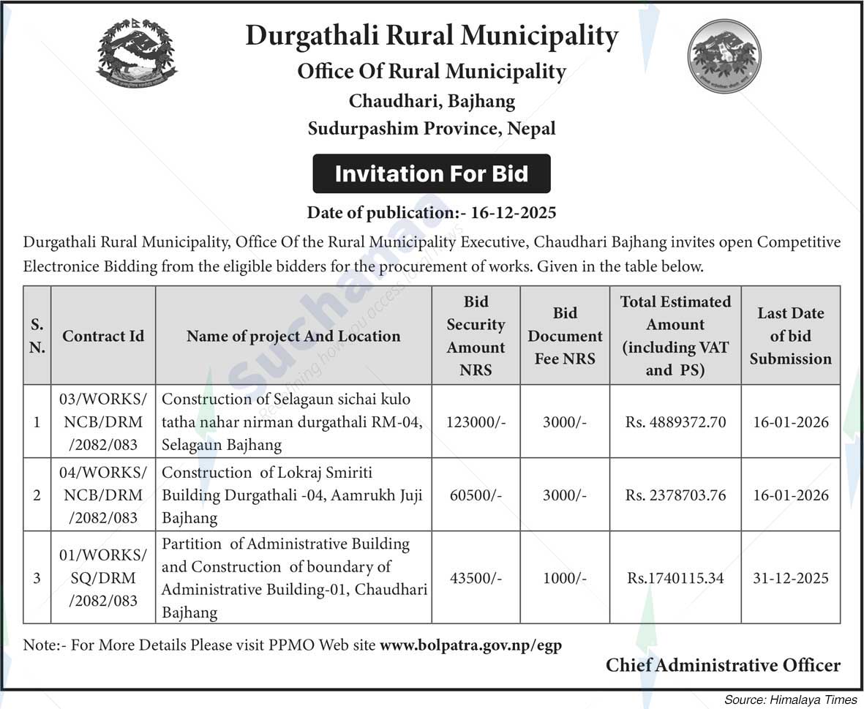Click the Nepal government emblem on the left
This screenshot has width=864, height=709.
(137, 53)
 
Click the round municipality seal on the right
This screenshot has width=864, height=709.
(724, 56)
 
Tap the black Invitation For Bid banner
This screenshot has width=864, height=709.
(432, 174)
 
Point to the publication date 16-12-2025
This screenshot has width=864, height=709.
(514, 213)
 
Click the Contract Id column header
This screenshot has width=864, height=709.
(103, 336)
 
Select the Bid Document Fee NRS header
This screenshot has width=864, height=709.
(565, 336)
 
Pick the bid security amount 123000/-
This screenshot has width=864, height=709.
(476, 422)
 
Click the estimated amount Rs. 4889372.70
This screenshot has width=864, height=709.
(675, 422)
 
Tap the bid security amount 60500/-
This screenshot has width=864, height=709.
(476, 495)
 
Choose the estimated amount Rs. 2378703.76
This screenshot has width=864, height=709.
(675, 495)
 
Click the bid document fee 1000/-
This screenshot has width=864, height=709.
(565, 578)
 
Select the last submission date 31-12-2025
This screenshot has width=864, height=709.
(791, 578)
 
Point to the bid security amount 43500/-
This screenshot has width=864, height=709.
(476, 578)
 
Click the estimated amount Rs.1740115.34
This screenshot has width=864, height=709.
(675, 578)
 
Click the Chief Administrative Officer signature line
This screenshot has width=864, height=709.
(723, 665)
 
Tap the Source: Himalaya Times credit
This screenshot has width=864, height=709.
(790, 699)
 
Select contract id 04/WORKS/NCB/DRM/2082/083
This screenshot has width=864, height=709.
(103, 495)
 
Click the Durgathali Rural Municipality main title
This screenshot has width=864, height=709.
(432, 36)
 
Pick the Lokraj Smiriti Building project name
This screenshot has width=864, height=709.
(292, 495)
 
